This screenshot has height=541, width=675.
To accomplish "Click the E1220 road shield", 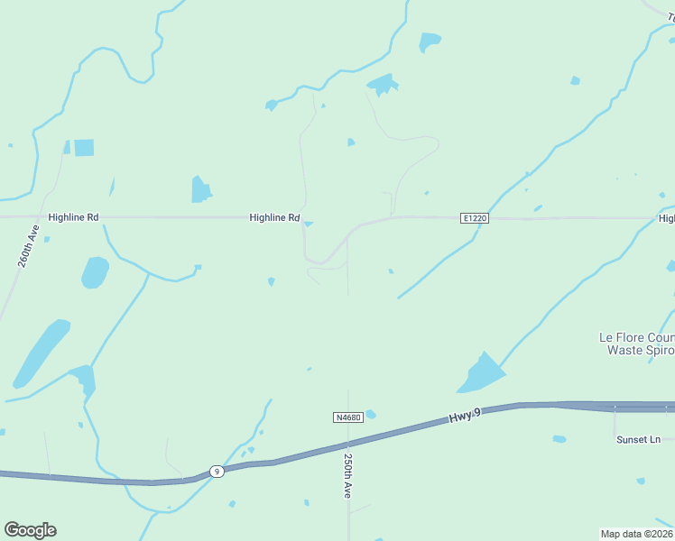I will coord(474,218).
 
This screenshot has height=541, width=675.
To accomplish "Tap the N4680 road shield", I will coord(347,417).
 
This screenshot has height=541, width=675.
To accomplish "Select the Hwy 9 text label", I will coord(465,417).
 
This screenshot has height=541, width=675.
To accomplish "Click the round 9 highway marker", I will coord(217,471).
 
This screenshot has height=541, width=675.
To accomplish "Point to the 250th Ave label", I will coord(347,475).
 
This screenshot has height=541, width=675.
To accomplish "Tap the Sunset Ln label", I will coord(639,439).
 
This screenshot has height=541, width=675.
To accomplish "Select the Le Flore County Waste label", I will coord(637,344).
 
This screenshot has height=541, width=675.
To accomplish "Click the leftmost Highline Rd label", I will coord(73,217).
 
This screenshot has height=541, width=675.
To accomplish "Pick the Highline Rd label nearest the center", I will coord(274,217).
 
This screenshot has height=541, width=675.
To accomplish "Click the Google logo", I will coord(30,530).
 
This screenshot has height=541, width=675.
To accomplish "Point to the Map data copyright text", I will coord(636,533).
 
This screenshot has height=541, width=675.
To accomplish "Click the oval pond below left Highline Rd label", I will coord(95,271).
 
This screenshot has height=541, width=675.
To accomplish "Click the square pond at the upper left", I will coord(84,148).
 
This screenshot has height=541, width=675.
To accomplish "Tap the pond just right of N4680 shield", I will coord(370,415).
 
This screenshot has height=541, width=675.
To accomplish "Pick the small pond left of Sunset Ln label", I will coord(559,439).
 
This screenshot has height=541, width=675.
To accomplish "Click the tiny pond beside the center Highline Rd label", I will coord(309,224).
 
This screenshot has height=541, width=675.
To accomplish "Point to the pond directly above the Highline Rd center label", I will coord(200,189).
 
